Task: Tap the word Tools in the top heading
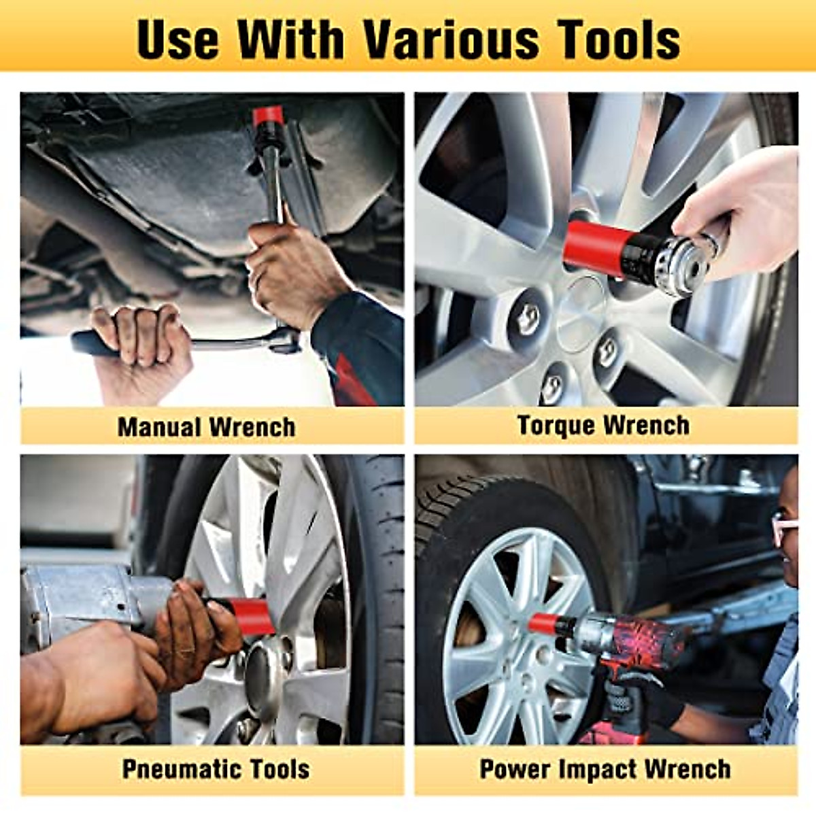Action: pos(620,39)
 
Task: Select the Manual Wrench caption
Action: pos(207,427)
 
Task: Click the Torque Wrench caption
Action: pos(603,425)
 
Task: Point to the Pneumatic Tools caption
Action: pos(216,769)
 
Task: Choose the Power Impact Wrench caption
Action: pos(605,769)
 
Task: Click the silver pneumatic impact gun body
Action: pos(82,598)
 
